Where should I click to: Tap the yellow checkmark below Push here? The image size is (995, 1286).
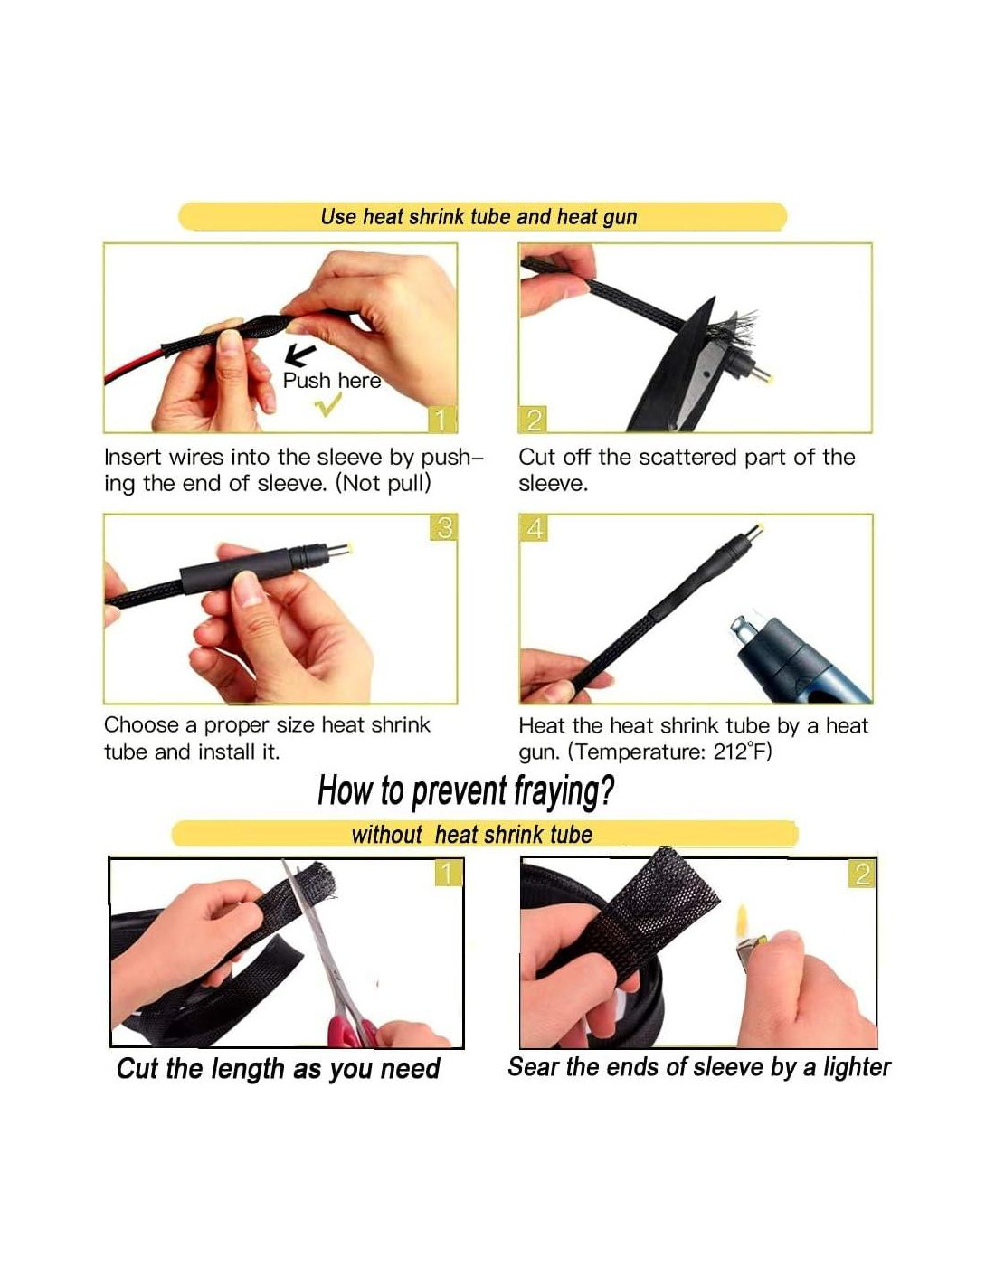[328, 403]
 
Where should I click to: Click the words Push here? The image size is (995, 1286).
[331, 381]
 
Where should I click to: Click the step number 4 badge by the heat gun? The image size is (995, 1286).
[534, 527]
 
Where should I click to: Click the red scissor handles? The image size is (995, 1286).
[353, 1030]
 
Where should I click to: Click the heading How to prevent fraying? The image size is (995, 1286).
[466, 790]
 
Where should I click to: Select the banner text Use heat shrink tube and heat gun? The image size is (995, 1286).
[479, 217]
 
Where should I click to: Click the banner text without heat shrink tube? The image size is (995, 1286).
[472, 835]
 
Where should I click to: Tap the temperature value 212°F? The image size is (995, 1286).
[743, 752]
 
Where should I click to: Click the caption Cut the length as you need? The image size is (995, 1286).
[279, 1069]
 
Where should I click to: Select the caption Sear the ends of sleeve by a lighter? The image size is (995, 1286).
[699, 1067]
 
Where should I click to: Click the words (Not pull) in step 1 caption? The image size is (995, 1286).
[383, 484]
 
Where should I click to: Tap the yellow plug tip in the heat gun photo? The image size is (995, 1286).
[756, 529]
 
